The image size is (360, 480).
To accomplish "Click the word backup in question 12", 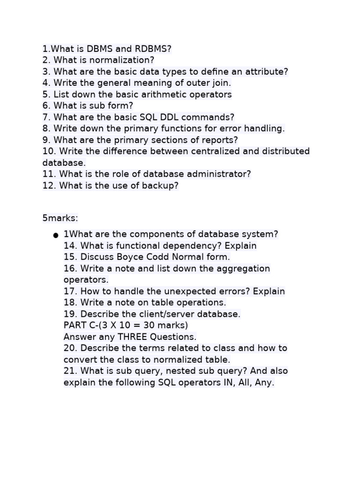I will [160, 186].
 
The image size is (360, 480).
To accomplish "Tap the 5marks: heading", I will [60, 218].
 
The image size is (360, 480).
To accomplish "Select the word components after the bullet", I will [146, 234].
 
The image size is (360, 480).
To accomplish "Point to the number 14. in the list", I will [70, 246].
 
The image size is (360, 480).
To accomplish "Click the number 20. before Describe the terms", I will [70, 348].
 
